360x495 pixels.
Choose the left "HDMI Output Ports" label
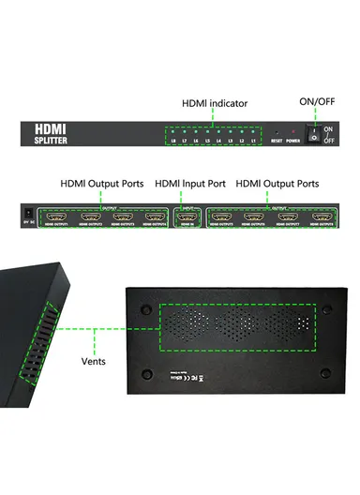(102, 184)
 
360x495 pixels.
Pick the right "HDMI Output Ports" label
(278, 184)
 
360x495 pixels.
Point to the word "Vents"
(92, 358)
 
